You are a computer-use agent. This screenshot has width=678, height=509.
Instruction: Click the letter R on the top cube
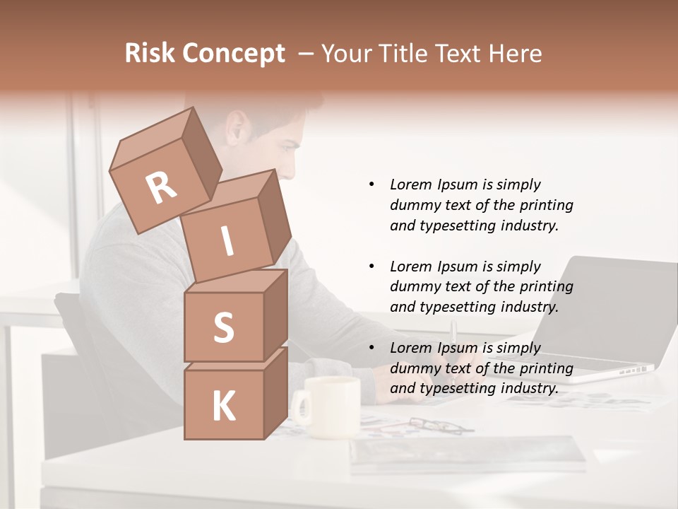point(161,187)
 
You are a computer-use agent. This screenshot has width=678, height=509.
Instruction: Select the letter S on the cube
point(223,327)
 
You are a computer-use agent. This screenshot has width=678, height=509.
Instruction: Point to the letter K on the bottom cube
point(223,406)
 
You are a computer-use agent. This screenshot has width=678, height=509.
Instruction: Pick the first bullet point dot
point(371,185)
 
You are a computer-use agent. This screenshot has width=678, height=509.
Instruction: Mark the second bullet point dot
point(371,267)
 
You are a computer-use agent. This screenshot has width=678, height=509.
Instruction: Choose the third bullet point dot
point(371,348)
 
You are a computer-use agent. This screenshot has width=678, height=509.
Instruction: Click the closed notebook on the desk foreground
point(466,452)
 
